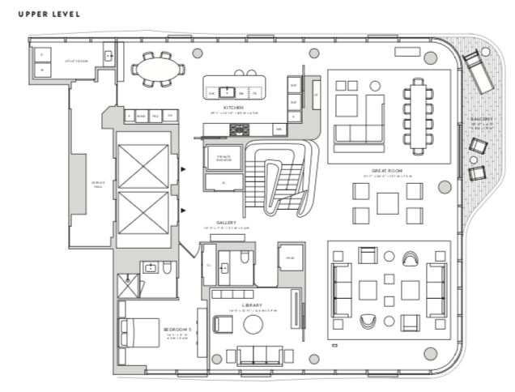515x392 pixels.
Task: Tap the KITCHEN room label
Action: (x=235, y=107)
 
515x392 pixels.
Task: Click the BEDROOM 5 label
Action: (x=177, y=330)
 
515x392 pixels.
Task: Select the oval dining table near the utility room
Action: (x=154, y=70)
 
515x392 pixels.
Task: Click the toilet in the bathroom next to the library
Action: (x=245, y=258)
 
